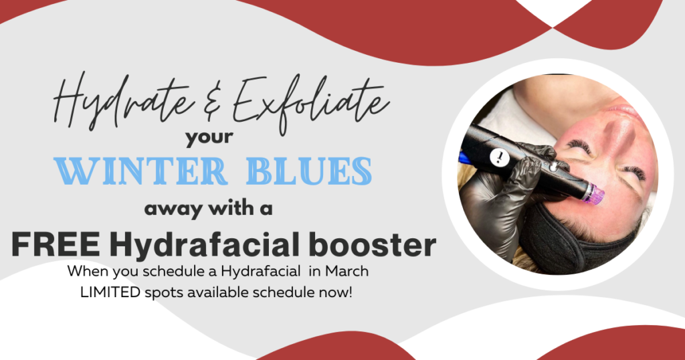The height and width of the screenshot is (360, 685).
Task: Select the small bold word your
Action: click(x=209, y=138)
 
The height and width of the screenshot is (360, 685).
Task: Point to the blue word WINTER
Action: click(x=140, y=172)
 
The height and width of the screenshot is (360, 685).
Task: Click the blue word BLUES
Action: click(x=309, y=172)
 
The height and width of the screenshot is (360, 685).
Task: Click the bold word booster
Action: click(x=372, y=245)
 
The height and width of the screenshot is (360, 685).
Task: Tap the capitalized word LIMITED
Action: click(x=110, y=292)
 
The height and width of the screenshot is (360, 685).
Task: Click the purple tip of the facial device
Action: click(x=593, y=193)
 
